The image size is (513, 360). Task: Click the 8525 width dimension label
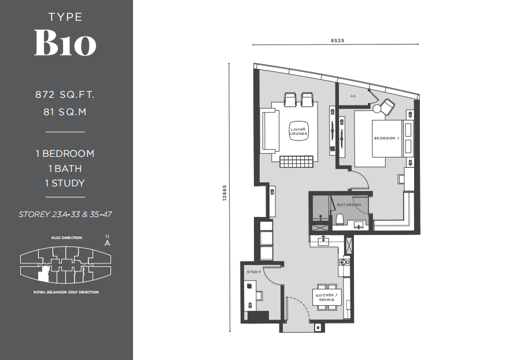[337, 41]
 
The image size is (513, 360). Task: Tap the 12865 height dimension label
[224, 193]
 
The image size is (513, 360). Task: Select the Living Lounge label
[298, 131]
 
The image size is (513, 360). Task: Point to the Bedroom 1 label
[386, 138]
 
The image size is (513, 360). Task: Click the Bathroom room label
[349, 204]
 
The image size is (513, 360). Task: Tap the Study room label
[254, 271]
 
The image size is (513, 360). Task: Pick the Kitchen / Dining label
[326, 297]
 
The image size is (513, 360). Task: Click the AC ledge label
[353, 96]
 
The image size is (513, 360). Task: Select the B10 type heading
[65, 43]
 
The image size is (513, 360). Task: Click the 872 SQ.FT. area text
[65, 94]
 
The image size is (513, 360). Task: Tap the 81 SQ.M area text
[65, 112]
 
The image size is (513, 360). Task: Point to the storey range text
[65, 214]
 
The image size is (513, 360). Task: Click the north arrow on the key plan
[108, 242]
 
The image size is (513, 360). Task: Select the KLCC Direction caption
[67, 238]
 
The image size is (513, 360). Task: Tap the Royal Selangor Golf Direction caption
[66, 292]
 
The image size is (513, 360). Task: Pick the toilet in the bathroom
[339, 219]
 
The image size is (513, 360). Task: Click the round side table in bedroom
[377, 109]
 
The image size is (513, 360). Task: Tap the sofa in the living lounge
[270, 131]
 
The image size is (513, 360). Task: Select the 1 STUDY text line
[65, 183]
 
